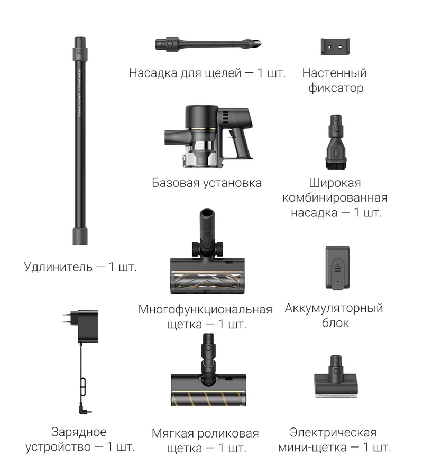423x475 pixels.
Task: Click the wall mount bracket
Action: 335,46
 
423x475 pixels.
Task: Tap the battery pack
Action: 337,268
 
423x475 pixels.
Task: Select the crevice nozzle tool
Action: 208,44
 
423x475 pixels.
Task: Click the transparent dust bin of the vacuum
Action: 200,155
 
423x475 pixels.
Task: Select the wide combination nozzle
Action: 336,142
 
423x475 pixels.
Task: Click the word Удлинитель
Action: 58,267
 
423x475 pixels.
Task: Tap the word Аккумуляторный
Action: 334,308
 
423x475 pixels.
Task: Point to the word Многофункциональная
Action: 205,310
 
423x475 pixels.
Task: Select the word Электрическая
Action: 333,433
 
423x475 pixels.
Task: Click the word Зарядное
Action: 79,432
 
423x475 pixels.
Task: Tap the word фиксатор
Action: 336,88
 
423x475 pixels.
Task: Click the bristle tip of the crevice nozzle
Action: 257,43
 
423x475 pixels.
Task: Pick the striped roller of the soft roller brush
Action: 208,398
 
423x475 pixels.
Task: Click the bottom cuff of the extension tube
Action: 80,236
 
